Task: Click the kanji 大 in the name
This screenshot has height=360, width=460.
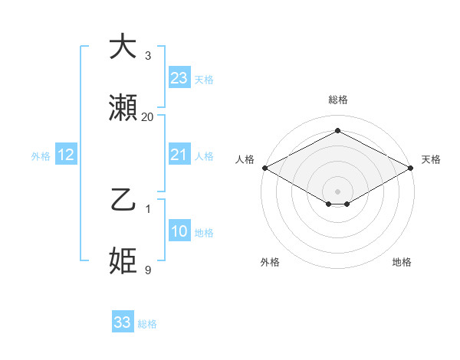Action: coord(123,47)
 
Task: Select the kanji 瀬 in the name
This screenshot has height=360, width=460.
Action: coord(123,108)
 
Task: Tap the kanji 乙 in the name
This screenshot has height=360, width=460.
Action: coord(123,201)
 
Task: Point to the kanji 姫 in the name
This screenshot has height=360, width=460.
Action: coord(123,261)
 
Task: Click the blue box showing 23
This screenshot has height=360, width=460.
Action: coord(179,77)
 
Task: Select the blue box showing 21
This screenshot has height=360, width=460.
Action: coord(179,155)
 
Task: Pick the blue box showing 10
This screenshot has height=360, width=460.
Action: coord(179,231)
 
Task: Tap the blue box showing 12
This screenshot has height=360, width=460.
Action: coord(66,155)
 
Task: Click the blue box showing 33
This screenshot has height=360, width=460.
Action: coord(123,322)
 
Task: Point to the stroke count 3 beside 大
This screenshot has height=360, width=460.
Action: coord(147,56)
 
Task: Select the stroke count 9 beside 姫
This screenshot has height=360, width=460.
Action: coord(147,270)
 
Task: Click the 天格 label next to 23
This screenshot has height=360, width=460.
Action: coord(204,79)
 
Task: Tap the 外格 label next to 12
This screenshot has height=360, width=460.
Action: coord(41,156)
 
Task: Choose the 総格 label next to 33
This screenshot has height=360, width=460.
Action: coord(147,324)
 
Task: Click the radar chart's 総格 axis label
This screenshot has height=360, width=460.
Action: coord(337,100)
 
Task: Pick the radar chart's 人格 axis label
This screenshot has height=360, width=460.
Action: coord(245,159)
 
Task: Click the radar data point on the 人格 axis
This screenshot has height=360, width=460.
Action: coord(264,168)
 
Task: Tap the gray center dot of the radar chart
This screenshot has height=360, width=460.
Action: coord(337,190)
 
